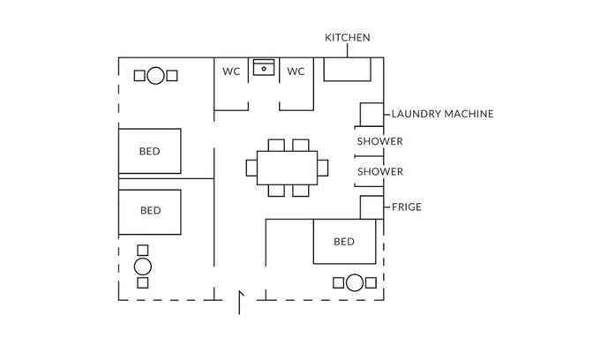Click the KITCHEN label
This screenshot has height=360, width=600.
(348, 38)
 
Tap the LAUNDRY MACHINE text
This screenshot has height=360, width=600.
(442, 114)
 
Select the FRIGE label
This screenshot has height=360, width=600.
(407, 207)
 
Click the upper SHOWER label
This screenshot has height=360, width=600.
(379, 141)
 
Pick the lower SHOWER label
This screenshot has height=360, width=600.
(379, 171)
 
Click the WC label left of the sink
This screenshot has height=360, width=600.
(231, 71)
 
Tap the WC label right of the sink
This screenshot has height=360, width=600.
(296, 71)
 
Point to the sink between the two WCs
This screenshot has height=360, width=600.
(264, 68)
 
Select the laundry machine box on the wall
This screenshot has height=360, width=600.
(371, 115)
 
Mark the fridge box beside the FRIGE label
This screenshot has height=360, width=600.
(371, 207)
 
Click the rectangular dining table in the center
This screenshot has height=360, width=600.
(287, 167)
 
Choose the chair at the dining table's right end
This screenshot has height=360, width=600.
(322, 167)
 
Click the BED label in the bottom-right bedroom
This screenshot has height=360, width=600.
(344, 242)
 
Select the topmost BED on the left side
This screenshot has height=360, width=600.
(150, 151)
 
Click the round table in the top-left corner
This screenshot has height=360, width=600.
(155, 76)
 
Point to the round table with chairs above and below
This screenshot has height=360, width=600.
(143, 266)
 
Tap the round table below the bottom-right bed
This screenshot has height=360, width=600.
(355, 282)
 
